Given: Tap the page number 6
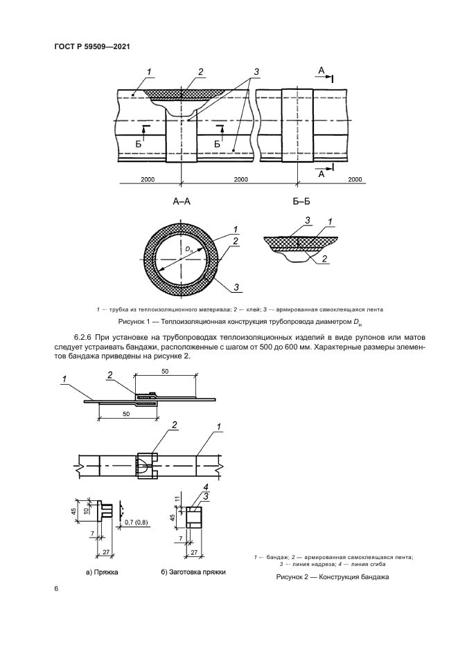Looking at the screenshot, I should coord(56,588).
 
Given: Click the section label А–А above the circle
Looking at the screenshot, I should coord(182,203).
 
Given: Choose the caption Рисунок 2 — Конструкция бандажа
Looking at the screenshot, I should coord(333,576).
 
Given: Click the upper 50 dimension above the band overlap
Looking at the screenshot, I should coord(166,371).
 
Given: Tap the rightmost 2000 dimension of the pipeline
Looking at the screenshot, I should coord(355,179).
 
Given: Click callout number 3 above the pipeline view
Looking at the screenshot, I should coord(256,71).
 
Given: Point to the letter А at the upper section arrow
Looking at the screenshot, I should coord(320,71).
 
